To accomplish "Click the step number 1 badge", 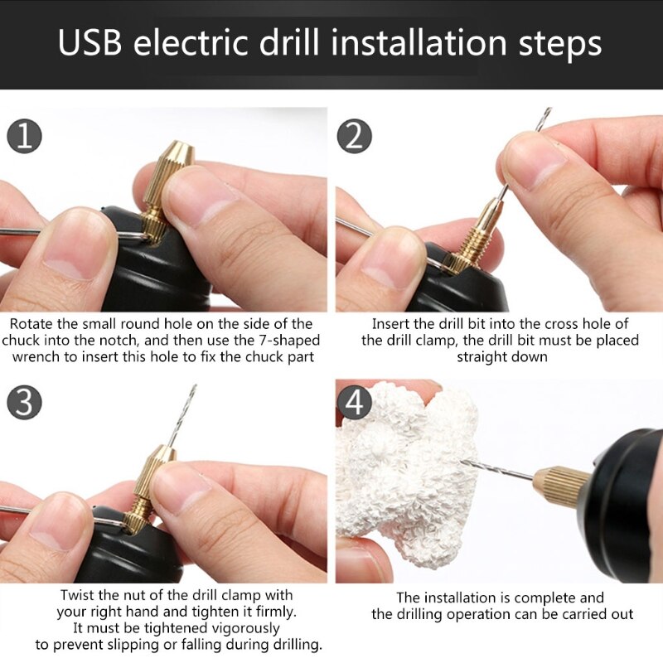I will [x=25, y=136].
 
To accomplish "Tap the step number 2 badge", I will [x=355, y=136].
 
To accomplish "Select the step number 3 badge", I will [x=25, y=404].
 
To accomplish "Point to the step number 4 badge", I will [x=355, y=404].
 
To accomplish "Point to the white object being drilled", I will [x=406, y=472].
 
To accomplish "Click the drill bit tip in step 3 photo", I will [x=193, y=389].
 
